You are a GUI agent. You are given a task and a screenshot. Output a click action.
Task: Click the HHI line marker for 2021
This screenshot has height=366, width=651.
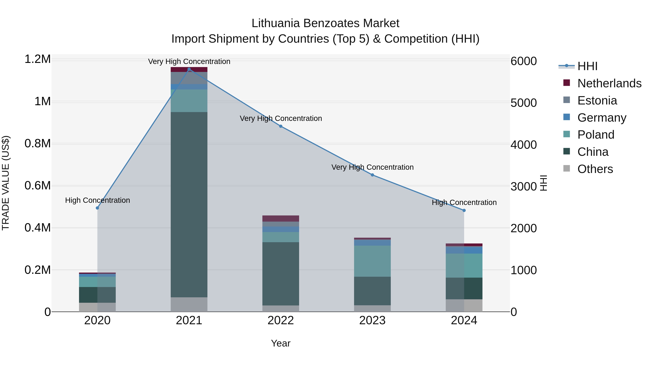point(189,69)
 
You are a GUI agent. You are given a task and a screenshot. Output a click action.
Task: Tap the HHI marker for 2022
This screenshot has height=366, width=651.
point(281,126)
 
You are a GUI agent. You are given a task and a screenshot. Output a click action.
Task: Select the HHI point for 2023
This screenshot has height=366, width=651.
point(372,175)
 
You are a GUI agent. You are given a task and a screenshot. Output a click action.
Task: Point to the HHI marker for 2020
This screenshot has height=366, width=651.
point(97,208)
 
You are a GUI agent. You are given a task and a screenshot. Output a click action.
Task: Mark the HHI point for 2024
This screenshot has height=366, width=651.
point(464,210)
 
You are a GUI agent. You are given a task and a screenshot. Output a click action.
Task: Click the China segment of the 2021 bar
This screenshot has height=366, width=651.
point(189,205)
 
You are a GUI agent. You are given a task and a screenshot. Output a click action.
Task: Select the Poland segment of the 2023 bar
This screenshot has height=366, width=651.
point(372,261)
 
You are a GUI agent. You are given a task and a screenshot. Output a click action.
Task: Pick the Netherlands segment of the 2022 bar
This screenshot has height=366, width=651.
point(281,219)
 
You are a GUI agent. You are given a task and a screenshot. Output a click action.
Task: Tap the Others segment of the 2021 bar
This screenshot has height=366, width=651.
point(189,304)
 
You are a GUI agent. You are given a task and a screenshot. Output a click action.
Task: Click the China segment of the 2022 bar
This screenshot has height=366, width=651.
point(281,274)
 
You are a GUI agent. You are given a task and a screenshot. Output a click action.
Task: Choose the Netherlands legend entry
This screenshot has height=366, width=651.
point(609,83)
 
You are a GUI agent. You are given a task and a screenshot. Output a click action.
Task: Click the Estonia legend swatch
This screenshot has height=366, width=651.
point(567,100)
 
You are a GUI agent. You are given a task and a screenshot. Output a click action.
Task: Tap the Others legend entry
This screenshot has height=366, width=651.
point(595,169)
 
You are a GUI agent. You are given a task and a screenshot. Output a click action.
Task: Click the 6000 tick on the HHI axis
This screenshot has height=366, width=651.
point(523,61)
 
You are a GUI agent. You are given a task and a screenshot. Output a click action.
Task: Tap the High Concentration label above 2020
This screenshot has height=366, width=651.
point(97,200)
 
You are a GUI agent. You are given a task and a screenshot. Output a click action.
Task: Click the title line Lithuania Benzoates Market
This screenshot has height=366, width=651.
point(325,23)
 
